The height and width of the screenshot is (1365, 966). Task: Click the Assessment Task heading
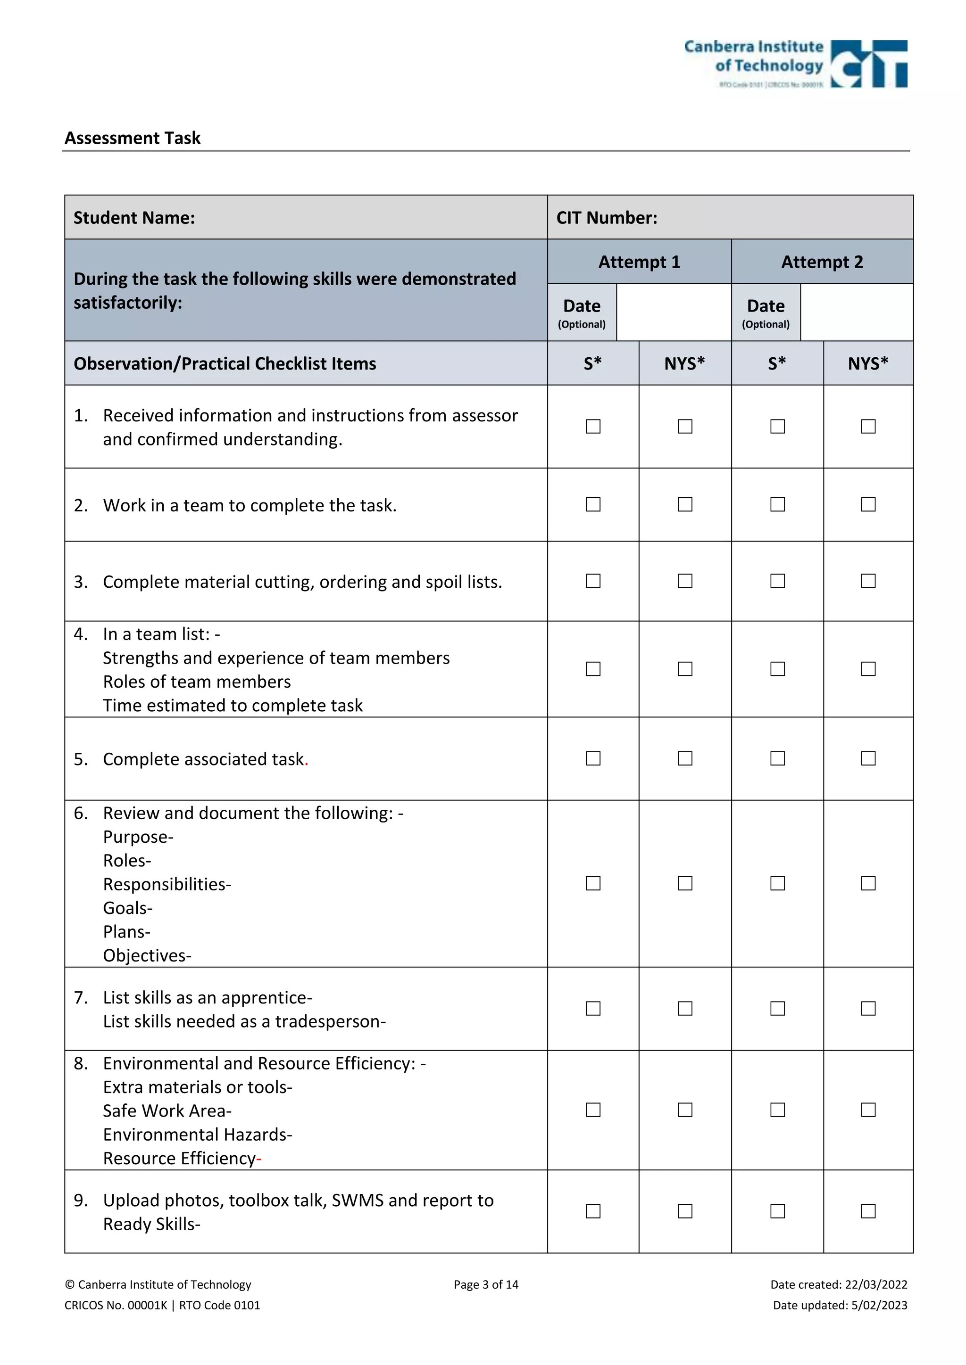(x=132, y=138)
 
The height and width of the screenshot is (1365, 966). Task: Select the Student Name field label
(x=134, y=218)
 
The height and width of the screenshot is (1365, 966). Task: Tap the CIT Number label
(x=606, y=218)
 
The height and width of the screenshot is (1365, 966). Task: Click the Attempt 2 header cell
(x=822, y=262)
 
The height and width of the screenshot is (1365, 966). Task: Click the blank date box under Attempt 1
(x=674, y=312)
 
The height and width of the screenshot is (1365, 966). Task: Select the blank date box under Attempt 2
(x=856, y=312)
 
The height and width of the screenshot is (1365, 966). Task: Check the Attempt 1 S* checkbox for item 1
(x=593, y=426)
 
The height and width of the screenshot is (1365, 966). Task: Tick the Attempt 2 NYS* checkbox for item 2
(x=868, y=504)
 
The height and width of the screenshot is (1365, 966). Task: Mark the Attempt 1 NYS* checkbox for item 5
(x=685, y=758)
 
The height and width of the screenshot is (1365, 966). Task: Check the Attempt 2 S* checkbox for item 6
(x=777, y=883)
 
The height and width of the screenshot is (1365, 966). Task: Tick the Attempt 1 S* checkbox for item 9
(x=593, y=1211)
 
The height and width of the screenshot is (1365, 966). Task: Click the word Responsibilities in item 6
(x=166, y=884)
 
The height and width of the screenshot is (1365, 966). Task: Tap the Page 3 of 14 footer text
(x=485, y=1284)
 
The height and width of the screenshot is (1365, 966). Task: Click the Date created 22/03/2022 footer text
(x=838, y=1284)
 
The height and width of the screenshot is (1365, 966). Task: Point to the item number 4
(x=80, y=634)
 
